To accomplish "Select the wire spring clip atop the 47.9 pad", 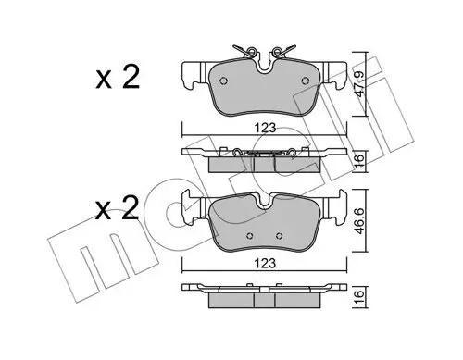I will (265, 49).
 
